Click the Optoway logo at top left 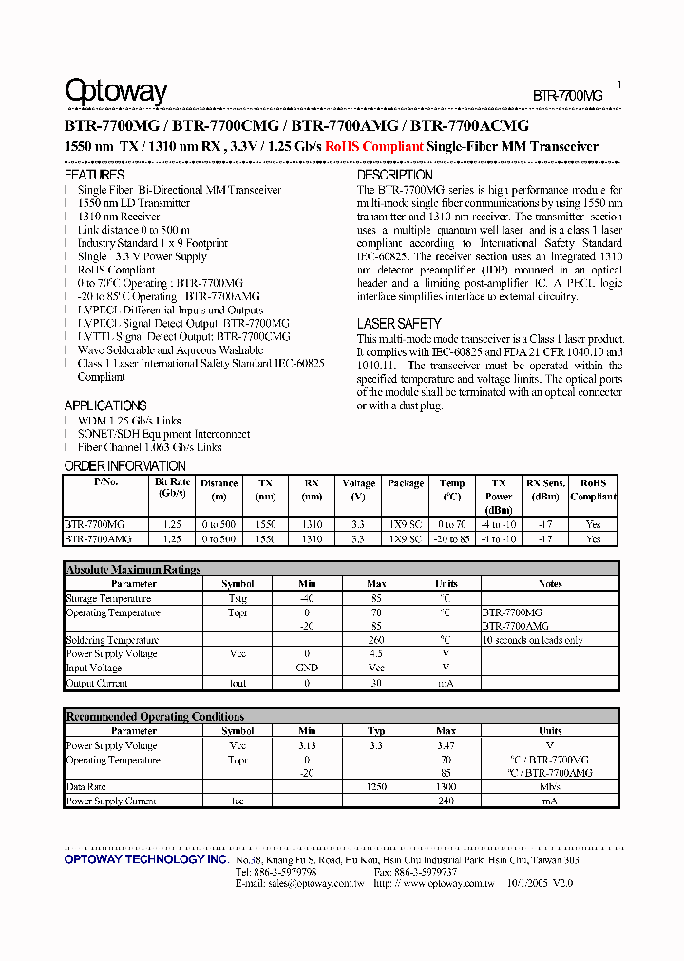[115, 91]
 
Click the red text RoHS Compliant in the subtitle [373, 147]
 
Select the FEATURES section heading [94, 176]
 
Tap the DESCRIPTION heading [394, 176]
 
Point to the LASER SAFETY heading [399, 324]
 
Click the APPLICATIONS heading [105, 405]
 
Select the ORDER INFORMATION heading [124, 466]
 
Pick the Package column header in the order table [406, 483]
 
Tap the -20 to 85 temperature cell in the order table [452, 538]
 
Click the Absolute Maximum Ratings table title [133, 570]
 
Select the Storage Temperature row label [108, 598]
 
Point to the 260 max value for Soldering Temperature [376, 640]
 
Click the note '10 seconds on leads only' [532, 640]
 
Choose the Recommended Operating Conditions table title [155, 717]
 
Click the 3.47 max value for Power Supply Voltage [446, 746]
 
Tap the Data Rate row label [86, 787]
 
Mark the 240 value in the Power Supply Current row [446, 801]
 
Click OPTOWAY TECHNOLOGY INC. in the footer [145, 859]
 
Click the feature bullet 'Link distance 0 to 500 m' [134, 230]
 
